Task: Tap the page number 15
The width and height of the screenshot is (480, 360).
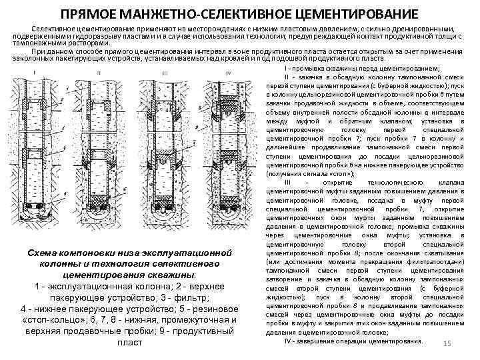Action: click(x=448, y=343)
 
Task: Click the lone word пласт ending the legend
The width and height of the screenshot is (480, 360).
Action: click(x=129, y=343)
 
